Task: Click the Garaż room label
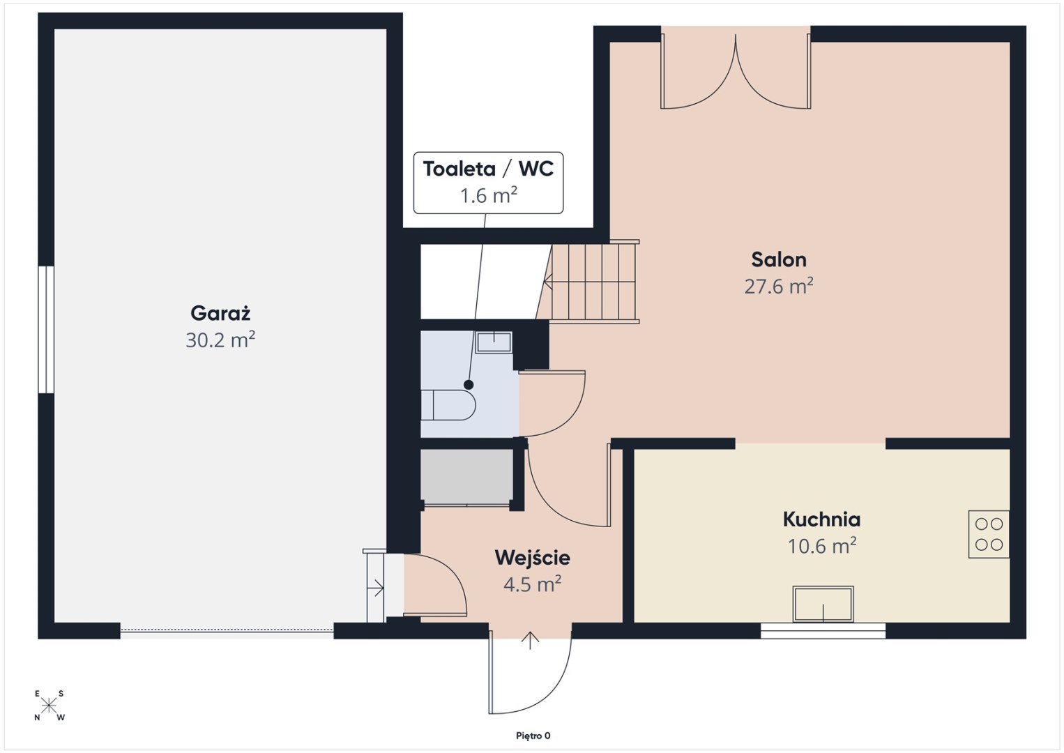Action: pyautogui.click(x=220, y=314)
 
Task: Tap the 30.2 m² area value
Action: pyautogui.click(x=220, y=340)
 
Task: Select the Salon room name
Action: pyautogui.click(x=779, y=260)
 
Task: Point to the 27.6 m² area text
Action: pyautogui.click(x=779, y=286)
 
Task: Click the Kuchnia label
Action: pyautogui.click(x=821, y=519)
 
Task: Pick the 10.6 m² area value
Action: pyautogui.click(x=822, y=546)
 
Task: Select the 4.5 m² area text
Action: pyautogui.click(x=532, y=584)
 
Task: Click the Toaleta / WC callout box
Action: pyautogui.click(x=488, y=183)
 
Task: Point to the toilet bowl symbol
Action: pyautogui.click(x=448, y=405)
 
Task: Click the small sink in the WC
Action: pyautogui.click(x=494, y=342)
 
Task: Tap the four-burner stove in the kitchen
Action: pyautogui.click(x=989, y=534)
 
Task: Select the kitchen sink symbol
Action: pyautogui.click(x=823, y=604)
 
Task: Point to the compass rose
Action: pyautogui.click(x=49, y=706)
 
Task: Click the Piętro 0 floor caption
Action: pyautogui.click(x=533, y=736)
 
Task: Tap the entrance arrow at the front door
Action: pyautogui.click(x=530, y=641)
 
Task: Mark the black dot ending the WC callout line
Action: pyautogui.click(x=469, y=384)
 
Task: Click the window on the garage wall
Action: pyautogui.click(x=46, y=330)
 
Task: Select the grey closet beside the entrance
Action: pyautogui.click(x=467, y=476)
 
